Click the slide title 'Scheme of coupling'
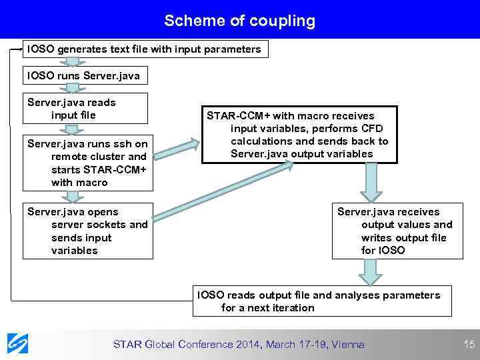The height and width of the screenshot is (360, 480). coord(240,21)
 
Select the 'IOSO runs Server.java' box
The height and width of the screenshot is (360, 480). coord(84,76)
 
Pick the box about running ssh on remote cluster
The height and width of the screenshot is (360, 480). coord(87,163)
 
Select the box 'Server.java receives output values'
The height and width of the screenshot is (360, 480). coord(397,231)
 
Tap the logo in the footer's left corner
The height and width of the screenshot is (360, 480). coord(18,343)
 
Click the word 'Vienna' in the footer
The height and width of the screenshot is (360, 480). coord(349,345)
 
